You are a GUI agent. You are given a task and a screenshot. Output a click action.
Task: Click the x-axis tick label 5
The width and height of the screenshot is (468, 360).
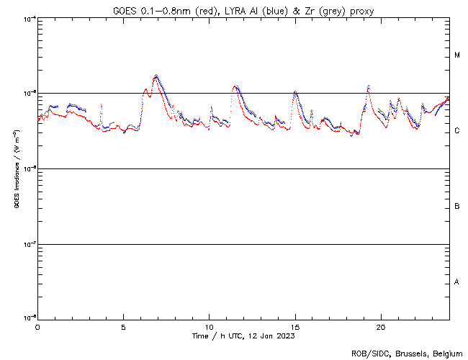[123, 326]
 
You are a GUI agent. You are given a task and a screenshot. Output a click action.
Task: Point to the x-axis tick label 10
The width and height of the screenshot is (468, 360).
[209, 326]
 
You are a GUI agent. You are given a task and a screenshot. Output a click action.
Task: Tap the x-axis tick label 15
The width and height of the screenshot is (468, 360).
[295, 326]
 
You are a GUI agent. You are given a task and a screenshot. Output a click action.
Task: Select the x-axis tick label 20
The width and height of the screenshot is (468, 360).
[381, 326]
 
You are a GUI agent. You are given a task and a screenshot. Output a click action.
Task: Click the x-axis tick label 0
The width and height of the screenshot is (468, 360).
[37, 326]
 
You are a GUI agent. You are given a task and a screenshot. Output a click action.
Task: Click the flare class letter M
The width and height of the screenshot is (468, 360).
[457, 55]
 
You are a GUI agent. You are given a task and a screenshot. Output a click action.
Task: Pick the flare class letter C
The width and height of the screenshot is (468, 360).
[457, 131]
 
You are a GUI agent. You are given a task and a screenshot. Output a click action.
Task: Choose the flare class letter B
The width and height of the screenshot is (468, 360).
[457, 207]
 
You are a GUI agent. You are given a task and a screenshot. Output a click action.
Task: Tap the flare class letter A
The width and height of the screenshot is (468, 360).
[457, 282]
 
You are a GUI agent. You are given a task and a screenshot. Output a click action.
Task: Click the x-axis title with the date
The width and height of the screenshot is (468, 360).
[243, 336]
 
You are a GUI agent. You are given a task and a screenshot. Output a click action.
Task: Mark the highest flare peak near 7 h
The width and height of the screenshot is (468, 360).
[156, 75]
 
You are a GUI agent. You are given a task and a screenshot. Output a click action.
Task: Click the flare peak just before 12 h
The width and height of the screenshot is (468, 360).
[235, 86]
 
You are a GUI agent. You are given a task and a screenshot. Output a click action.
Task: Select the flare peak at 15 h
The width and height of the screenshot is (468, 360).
[295, 92]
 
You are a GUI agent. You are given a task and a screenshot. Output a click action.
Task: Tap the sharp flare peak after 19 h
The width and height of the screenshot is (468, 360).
[368, 86]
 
